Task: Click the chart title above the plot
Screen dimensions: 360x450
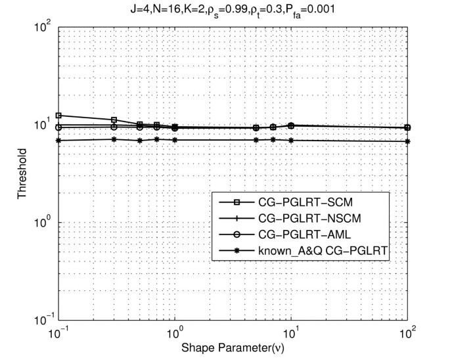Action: tap(233, 9)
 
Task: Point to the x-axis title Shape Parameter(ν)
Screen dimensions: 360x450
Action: tap(233, 348)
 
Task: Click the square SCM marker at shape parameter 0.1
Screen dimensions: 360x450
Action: tap(58, 116)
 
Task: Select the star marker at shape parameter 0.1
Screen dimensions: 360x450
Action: tap(58, 140)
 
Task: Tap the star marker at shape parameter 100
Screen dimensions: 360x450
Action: tap(408, 141)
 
